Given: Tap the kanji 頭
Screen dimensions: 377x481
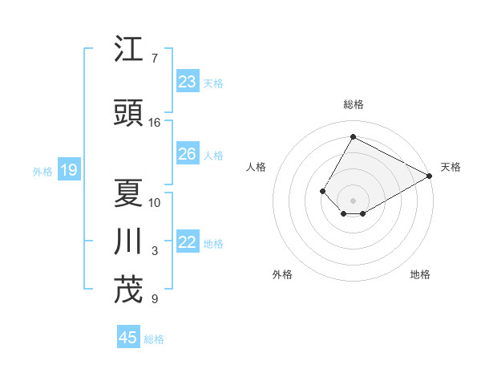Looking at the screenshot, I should [x=128, y=113].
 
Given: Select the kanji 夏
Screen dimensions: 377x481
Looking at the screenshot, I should [x=128, y=193].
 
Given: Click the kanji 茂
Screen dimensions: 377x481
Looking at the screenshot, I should [x=128, y=290].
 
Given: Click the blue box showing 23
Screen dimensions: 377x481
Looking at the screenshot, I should [x=188, y=82].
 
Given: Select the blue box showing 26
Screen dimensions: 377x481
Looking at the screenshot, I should [x=188, y=154].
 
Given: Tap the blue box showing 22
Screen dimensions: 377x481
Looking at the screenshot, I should [x=188, y=243].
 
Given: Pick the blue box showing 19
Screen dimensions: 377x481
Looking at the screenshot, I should [x=68, y=170].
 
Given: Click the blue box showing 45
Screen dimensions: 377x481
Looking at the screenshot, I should [x=128, y=338].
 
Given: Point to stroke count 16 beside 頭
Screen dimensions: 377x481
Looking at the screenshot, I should [x=155, y=123].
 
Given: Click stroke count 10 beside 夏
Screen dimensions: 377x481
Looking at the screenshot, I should [x=155, y=202].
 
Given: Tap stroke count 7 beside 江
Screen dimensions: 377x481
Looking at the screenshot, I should [x=155, y=59].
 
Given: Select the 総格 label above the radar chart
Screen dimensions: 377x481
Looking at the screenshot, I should [x=353, y=104].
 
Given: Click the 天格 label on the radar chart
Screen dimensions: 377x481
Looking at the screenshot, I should [x=451, y=167].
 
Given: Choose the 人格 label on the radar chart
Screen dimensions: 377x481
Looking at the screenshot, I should [x=256, y=167].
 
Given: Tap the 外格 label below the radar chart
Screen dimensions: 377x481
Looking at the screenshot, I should [x=282, y=274].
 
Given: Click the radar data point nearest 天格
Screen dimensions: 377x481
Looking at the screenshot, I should [x=430, y=176].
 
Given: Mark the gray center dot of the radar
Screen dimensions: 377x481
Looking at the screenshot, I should [x=353, y=200].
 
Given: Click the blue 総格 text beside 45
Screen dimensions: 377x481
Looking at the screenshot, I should [x=154, y=338].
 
